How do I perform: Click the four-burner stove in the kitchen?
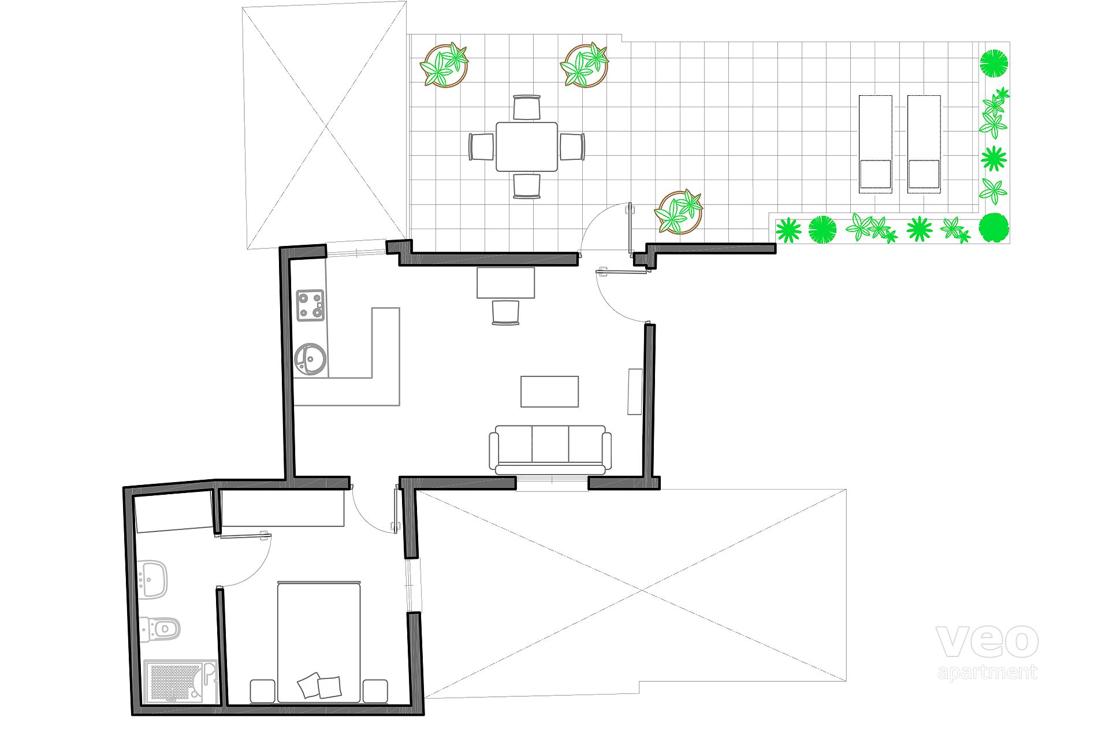[310, 305]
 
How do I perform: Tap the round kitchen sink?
[310, 360]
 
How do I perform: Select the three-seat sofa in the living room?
[550, 450]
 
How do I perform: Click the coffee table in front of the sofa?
[549, 391]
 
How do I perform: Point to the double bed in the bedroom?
[319, 641]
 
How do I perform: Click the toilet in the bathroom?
[159, 628]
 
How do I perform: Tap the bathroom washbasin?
[153, 578]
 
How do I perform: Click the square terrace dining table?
[527, 147]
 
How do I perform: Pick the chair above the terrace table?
[527, 107]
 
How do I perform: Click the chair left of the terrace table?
[481, 147]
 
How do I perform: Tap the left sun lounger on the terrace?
[875, 144]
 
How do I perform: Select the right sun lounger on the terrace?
[924, 144]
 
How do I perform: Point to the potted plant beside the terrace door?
[679, 211]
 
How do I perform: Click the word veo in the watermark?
[987, 641]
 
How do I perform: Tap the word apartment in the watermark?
[988, 673]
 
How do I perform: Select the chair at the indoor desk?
[505, 312]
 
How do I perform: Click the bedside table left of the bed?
[262, 691]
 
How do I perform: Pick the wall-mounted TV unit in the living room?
[635, 391]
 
